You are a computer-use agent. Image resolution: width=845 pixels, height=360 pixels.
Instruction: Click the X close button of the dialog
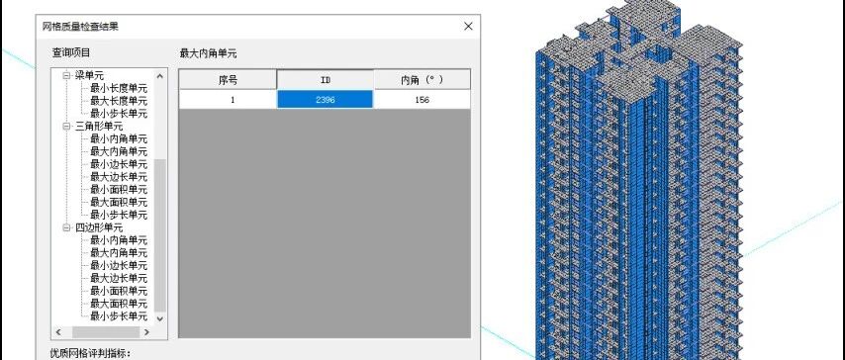coord(468,26)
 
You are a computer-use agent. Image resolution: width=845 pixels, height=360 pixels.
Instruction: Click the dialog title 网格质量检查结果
coord(80,27)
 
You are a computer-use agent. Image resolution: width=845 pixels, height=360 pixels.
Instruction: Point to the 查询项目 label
coord(71,52)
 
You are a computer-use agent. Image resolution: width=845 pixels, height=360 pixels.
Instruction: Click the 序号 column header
coord(228,80)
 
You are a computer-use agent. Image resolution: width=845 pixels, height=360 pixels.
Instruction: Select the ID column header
coord(326,80)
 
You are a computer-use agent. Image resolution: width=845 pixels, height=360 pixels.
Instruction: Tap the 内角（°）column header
coord(422,80)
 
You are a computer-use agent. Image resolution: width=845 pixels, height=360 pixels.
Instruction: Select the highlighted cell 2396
coord(325,100)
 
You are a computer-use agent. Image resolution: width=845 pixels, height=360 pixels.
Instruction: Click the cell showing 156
coord(422,100)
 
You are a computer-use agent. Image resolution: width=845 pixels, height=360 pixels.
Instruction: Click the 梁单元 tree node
coord(89,75)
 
